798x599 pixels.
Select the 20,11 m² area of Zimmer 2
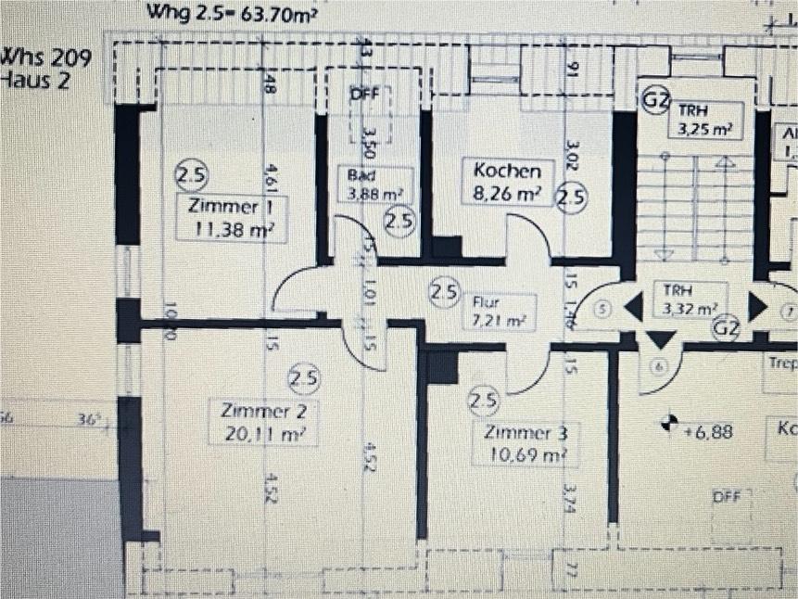pyautogui.click(x=264, y=432)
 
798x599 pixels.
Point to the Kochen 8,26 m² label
pyautogui.click(x=506, y=182)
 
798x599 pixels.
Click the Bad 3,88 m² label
pyautogui.click(x=375, y=185)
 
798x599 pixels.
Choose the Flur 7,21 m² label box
pyautogui.click(x=500, y=312)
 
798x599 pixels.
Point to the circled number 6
pyautogui.click(x=659, y=366)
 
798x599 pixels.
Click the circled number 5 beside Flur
pyautogui.click(x=603, y=310)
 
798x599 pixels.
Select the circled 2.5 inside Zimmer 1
pyautogui.click(x=192, y=174)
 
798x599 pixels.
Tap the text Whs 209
pyautogui.click(x=48, y=57)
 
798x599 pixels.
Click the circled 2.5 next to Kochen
pyautogui.click(x=572, y=198)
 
